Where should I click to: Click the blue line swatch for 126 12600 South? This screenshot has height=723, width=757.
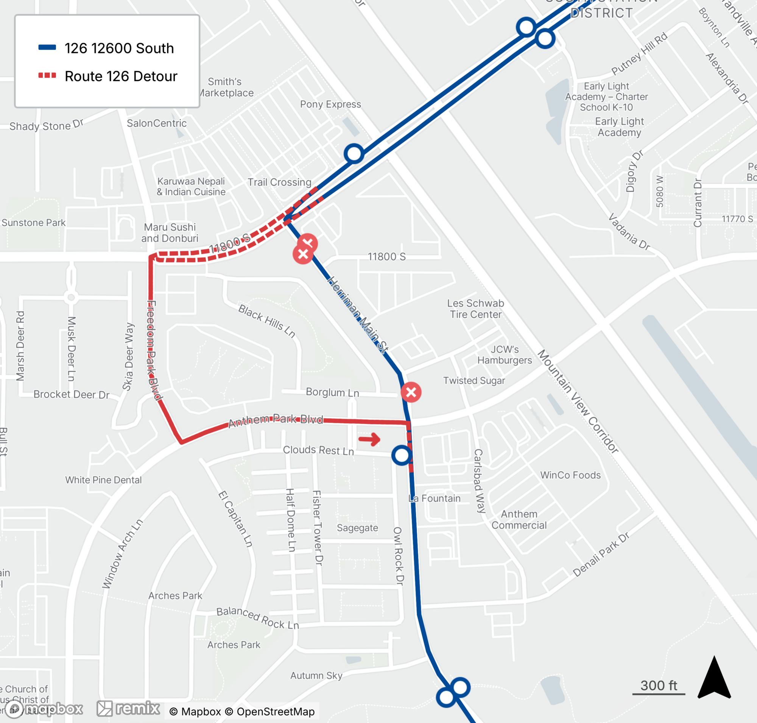tap(47, 48)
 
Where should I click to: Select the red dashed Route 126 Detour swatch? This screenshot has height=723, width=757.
tap(47, 76)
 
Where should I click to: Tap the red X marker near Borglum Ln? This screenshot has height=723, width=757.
tap(411, 392)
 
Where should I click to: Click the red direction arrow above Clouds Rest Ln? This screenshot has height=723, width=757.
tap(369, 439)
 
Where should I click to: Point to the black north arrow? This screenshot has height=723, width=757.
tap(714, 678)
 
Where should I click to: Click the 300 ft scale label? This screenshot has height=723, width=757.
tap(658, 686)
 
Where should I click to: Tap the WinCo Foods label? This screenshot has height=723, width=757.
tap(570, 475)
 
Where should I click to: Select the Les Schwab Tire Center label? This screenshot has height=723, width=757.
tap(476, 309)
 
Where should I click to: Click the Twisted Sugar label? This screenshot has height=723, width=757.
tap(474, 381)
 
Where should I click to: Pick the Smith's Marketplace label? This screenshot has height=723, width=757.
tap(226, 87)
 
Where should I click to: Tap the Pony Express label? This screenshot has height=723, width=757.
tap(330, 104)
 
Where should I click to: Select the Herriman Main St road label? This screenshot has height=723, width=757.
tap(357, 314)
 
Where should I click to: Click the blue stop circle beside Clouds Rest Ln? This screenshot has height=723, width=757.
tap(402, 455)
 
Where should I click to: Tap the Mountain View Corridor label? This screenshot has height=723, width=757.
tap(578, 401)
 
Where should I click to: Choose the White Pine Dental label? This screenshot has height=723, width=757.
tap(103, 480)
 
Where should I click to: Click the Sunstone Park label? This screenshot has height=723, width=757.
tap(34, 223)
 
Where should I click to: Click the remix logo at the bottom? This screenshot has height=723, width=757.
tap(128, 708)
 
